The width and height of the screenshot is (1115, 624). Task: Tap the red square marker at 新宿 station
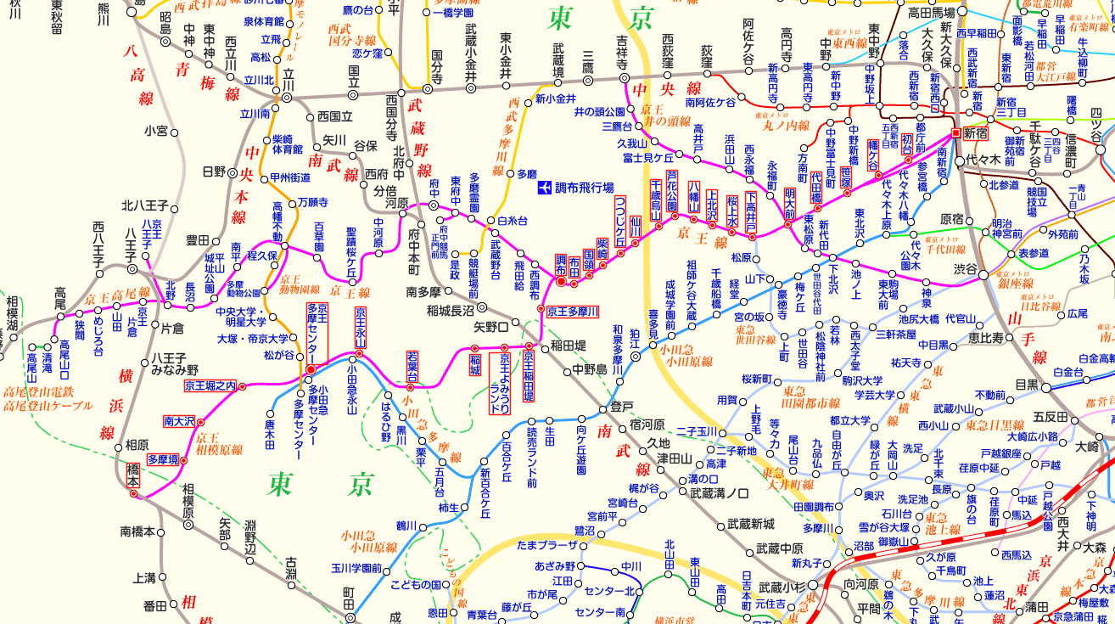[x=955, y=133]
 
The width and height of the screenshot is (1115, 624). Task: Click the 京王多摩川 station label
[x=572, y=312]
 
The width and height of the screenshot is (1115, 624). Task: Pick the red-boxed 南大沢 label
[x=179, y=421]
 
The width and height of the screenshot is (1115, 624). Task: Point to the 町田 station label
[x=349, y=604]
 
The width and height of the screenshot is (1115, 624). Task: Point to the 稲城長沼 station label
[x=451, y=308]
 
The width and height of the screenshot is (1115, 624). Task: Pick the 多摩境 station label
[x=162, y=459]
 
